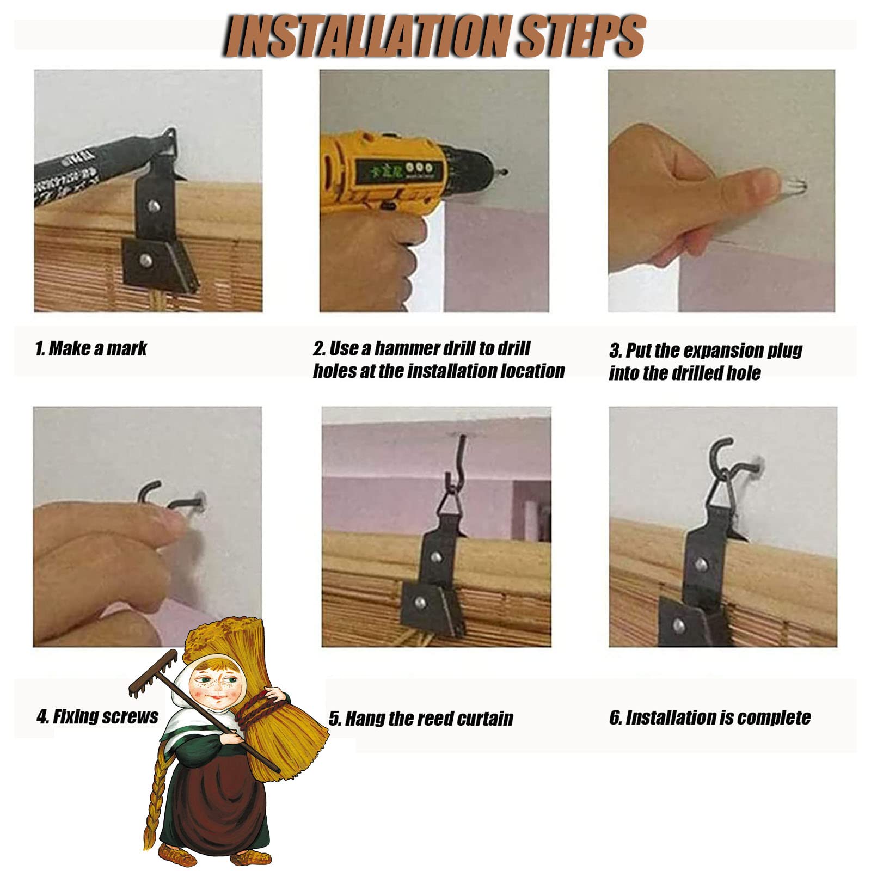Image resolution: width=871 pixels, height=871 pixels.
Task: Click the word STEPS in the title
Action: (x=581, y=36)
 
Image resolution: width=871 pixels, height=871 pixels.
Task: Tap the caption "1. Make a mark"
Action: (x=91, y=348)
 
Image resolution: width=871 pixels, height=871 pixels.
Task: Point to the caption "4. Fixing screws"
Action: (x=97, y=716)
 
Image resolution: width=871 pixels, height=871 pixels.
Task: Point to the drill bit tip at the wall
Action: (x=505, y=173)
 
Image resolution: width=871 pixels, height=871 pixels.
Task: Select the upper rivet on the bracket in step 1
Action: (x=154, y=206)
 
